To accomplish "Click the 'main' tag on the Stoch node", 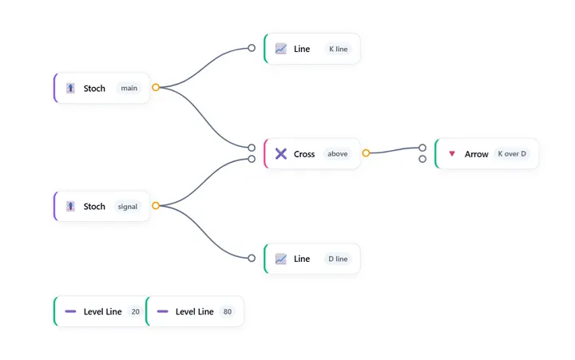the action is [129, 88].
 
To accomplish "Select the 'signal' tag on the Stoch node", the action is [128, 207].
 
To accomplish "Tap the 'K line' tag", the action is [338, 49].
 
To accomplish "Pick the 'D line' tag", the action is [338, 259].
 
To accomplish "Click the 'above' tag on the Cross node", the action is [337, 154].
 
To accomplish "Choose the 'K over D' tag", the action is [512, 154].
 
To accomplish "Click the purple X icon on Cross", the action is [281, 154].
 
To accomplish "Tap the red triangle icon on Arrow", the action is [452, 153].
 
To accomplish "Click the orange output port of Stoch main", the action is [156, 87].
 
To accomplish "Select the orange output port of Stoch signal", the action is [156, 206].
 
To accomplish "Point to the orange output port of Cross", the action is [366, 153].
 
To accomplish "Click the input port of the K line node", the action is [252, 48].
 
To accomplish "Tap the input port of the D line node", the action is [252, 258].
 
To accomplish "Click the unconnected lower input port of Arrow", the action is [422, 159].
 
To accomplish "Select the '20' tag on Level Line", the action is [135, 311].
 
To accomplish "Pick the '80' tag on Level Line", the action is [228, 311].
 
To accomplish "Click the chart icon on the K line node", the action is [281, 49].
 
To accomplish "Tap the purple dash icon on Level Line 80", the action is [162, 311].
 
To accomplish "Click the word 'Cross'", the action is [304, 154].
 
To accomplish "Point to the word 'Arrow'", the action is [476, 154].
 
